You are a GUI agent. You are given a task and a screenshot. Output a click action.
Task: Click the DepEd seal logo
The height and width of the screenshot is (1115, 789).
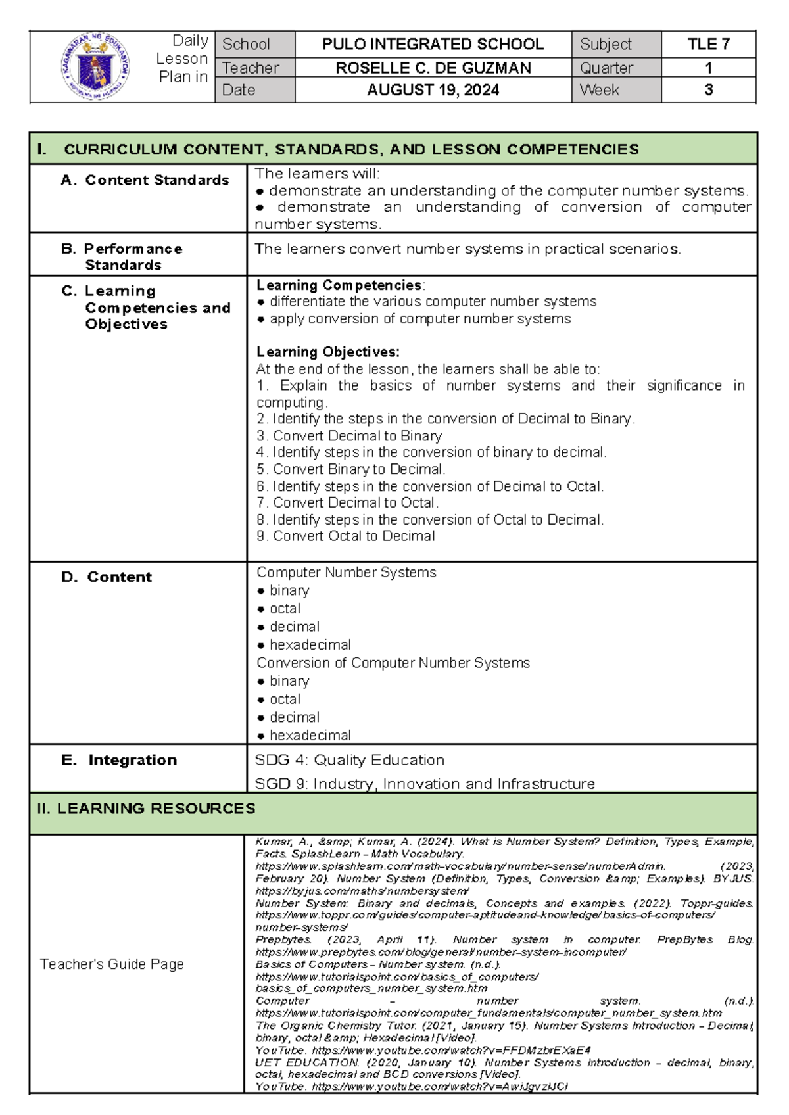click(95, 66)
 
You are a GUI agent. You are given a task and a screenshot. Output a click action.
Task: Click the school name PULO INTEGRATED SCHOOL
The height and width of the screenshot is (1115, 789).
click(433, 44)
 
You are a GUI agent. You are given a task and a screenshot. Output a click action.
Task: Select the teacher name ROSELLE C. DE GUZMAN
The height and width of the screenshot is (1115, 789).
click(433, 68)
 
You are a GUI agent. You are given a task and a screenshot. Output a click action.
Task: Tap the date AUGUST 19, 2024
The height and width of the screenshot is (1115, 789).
click(433, 90)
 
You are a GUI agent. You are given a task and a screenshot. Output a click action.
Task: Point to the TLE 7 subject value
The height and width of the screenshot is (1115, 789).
click(708, 44)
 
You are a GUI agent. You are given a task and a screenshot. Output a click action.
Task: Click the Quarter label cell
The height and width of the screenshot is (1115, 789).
click(606, 68)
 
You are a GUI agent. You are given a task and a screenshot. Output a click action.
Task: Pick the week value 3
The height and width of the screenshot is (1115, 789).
click(708, 90)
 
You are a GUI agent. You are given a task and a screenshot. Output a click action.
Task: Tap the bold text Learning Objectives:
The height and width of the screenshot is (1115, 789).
click(327, 352)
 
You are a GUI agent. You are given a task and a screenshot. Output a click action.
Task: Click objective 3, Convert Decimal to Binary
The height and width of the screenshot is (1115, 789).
click(349, 436)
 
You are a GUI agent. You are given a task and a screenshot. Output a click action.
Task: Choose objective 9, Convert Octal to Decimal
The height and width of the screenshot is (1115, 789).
click(346, 536)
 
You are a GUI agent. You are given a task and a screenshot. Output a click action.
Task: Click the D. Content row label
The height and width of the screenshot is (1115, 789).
click(107, 577)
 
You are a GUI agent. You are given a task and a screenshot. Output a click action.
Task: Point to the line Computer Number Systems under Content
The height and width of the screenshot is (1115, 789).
click(346, 573)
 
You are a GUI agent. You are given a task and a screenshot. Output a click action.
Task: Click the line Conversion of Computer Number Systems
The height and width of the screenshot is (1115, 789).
click(393, 663)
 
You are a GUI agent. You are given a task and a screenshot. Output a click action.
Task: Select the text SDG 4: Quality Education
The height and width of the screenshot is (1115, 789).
click(349, 760)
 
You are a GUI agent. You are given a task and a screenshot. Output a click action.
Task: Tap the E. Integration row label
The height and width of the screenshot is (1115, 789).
click(119, 760)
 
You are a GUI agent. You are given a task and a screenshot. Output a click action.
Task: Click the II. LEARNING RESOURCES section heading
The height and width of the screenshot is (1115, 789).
click(146, 809)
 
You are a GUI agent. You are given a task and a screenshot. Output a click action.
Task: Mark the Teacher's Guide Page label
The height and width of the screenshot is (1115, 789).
click(112, 964)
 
